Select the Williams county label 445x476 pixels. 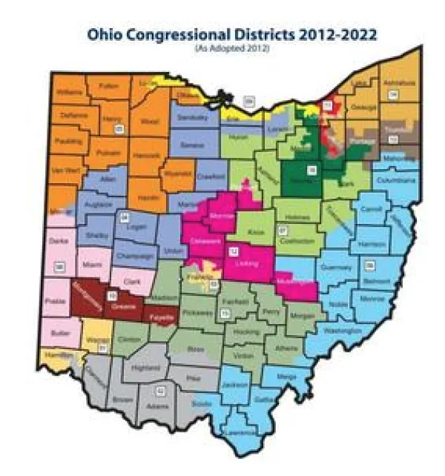click(x=68, y=93)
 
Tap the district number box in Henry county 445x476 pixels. click(x=118, y=130)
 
